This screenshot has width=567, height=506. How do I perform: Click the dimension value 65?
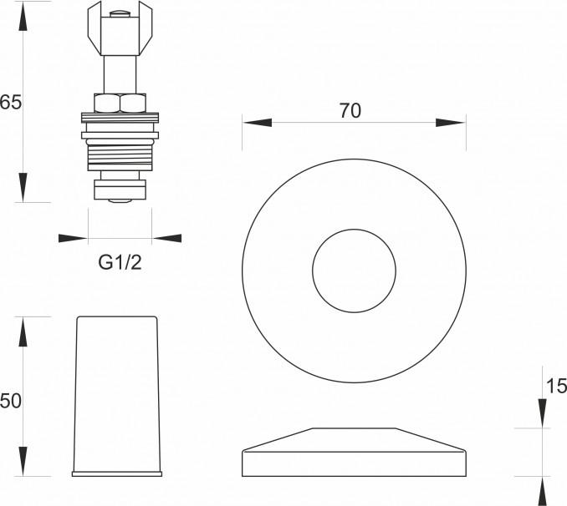click(11, 102)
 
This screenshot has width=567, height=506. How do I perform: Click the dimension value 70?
click(350, 110)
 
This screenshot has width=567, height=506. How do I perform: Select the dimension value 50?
click(11, 401)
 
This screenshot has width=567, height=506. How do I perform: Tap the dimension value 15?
click(556, 386)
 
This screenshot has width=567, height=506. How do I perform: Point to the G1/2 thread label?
click(120, 262)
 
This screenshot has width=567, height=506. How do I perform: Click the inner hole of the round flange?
click(354, 271)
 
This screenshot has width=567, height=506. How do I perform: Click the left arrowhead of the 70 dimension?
click(257, 123)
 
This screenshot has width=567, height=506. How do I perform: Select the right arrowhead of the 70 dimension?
click(451, 123)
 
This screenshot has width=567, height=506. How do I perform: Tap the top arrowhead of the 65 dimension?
click(23, 19)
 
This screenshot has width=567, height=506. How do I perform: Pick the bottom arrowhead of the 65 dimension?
click(23, 187)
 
